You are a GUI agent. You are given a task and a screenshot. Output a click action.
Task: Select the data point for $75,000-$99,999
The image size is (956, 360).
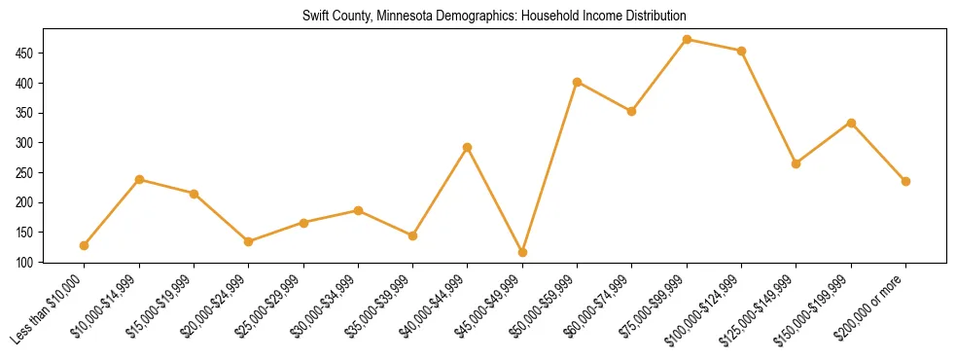pyautogui.click(x=688, y=40)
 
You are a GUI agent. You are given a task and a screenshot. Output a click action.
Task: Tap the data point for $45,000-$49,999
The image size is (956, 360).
pyautogui.click(x=523, y=253)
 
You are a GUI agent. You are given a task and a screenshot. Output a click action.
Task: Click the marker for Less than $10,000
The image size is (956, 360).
pyautogui.click(x=85, y=245)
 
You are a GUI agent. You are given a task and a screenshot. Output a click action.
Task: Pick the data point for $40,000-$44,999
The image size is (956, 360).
pyautogui.click(x=468, y=148)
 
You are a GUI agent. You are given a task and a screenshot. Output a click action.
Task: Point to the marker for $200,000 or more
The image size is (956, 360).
pyautogui.click(x=906, y=181)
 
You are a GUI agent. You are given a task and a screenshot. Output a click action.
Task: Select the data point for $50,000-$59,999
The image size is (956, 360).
pyautogui.click(x=578, y=82)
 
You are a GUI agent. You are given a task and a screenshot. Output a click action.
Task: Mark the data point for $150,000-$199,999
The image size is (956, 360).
pyautogui.click(x=852, y=123)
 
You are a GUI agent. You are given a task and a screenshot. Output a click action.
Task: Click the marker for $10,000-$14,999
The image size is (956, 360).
pyautogui.click(x=139, y=179)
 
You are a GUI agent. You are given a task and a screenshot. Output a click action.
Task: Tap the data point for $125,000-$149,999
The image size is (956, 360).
pyautogui.click(x=797, y=163)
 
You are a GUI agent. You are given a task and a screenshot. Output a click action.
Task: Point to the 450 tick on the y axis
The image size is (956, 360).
pyautogui.click(x=35, y=54)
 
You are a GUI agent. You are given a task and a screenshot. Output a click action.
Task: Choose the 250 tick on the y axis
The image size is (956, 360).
pyautogui.click(x=35, y=173)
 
